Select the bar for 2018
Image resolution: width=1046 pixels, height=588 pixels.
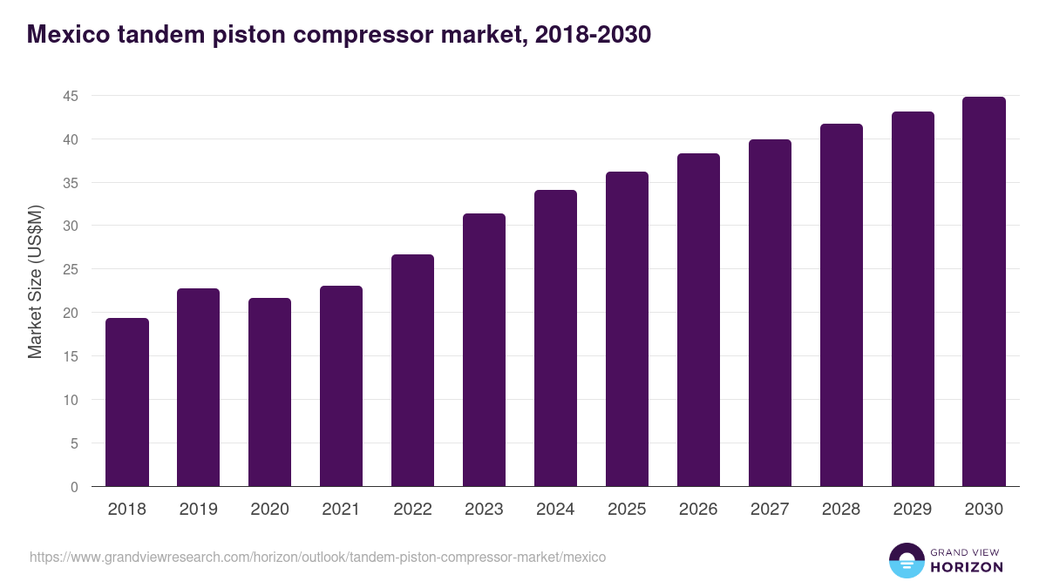[127, 402]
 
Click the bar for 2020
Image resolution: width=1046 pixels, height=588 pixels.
[270, 392]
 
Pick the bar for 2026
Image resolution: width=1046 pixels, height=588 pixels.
[698, 320]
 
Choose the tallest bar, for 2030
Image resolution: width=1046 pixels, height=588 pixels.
[984, 292]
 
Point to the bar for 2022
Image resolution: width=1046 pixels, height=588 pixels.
[412, 370]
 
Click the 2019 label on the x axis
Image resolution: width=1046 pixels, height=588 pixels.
[199, 510]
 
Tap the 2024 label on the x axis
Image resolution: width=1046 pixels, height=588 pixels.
[555, 510]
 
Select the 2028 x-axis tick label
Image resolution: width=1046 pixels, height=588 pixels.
[841, 510]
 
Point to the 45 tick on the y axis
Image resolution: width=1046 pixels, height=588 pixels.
[71, 96]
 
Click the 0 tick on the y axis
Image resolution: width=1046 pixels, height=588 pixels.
[74, 487]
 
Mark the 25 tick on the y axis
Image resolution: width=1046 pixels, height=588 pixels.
[71, 270]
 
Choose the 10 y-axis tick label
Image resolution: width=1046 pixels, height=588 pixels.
[71, 400]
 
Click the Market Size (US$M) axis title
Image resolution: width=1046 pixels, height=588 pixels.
[35, 281]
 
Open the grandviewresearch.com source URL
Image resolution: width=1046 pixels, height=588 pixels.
[317, 557]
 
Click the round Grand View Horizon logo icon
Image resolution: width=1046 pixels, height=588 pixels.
[907, 560]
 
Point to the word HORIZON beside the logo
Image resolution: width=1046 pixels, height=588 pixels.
[967, 567]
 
